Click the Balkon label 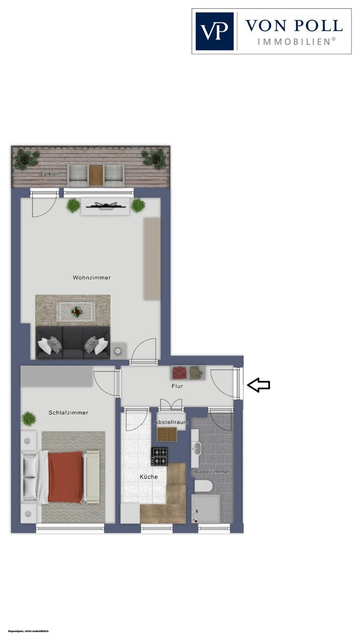click(49, 173)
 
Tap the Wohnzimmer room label click(91, 278)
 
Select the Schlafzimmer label click(68, 413)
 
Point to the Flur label click(177, 386)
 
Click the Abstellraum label click(171, 422)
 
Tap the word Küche click(149, 477)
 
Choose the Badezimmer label click(212, 472)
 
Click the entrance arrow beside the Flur click(258, 385)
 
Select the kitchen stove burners click(159, 457)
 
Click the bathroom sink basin click(197, 449)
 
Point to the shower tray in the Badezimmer click(206, 509)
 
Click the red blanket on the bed click(65, 477)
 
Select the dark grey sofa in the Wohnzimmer click(73, 342)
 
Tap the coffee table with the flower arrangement click(76, 312)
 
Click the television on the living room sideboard click(106, 205)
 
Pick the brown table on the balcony click(96, 175)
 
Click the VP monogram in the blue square click(214, 31)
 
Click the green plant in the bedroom click(29, 419)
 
